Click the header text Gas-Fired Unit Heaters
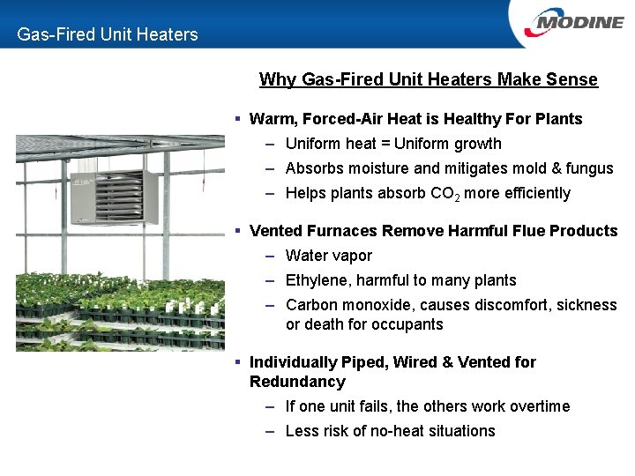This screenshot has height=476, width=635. tap(108, 34)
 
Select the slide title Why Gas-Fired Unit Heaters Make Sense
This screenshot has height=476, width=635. tap(428, 80)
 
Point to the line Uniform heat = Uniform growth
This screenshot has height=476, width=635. tap(393, 144)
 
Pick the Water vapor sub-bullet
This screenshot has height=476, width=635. tap(329, 256)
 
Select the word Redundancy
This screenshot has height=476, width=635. tap(297, 382)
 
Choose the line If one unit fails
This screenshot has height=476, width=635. tap(428, 406)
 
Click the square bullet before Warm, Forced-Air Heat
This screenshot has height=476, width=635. tap(238, 119)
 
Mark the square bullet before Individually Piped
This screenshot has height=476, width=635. tap(238, 362)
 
